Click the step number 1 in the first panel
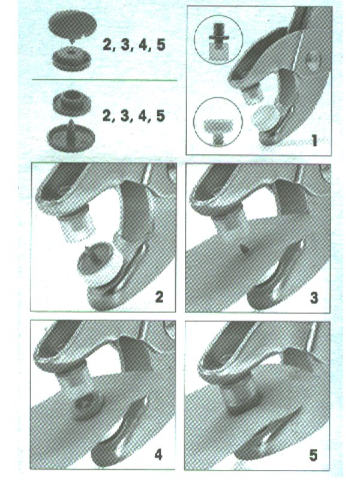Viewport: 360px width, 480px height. click(x=314, y=140)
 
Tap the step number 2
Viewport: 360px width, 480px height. click(x=159, y=297)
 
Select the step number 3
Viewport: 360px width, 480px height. click(x=314, y=298)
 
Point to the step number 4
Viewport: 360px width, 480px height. click(x=158, y=455)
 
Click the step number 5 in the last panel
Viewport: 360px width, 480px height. click(x=313, y=455)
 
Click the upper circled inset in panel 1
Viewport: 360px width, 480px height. click(x=218, y=39)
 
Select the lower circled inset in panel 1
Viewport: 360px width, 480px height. click(x=218, y=122)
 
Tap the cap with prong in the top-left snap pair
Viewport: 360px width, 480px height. click(x=73, y=26)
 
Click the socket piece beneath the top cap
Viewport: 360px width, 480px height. click(x=72, y=59)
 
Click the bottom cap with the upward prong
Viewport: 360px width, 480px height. click(x=71, y=136)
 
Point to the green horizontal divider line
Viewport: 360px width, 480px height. click(x=104, y=80)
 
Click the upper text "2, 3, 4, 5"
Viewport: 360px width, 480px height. click(x=134, y=46)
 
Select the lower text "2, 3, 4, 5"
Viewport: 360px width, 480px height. click(x=134, y=116)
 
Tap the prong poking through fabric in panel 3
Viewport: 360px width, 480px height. click(x=244, y=250)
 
